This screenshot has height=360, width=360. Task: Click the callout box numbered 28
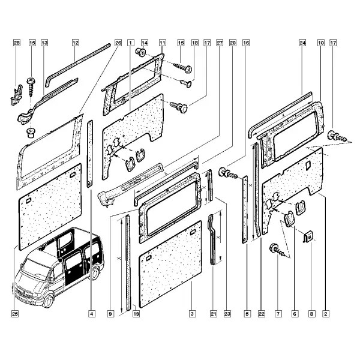point(17,43)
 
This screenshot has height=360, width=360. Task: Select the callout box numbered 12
point(76,43)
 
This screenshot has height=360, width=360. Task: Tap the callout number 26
point(118,43)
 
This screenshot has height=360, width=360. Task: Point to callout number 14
point(145,43)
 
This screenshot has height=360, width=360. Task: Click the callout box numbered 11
point(163,43)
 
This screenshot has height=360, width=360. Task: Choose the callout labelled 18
point(194,43)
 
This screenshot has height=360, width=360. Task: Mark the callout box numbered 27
point(220,43)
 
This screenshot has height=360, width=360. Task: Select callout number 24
point(302,43)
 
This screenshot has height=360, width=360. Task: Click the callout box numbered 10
point(321,43)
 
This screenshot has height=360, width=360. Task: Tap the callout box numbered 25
point(15,314)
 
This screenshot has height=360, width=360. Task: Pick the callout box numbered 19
point(136,314)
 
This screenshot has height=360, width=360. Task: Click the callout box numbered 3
point(193,314)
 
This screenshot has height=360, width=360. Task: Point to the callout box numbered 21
point(214,314)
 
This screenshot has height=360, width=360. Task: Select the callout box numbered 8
point(311,314)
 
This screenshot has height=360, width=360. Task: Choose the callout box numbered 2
point(326,314)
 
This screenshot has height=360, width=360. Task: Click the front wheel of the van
point(48,301)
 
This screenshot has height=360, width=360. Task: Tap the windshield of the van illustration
point(35,268)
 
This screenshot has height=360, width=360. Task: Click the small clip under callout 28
point(17,95)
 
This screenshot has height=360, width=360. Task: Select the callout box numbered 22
point(262,314)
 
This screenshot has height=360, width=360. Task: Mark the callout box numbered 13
point(44,43)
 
